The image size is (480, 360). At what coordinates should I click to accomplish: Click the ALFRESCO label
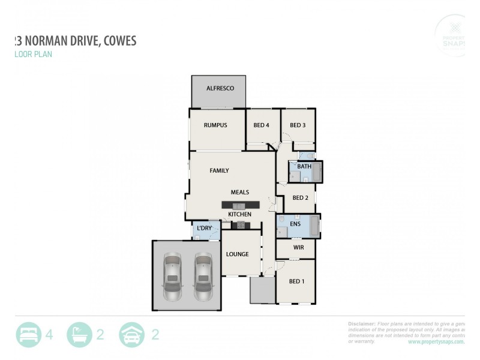click(x=220, y=88)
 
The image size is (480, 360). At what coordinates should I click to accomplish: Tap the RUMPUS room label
click(x=215, y=125)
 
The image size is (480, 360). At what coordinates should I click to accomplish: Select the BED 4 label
click(x=262, y=125)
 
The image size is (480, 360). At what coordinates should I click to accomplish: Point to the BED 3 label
click(x=298, y=125)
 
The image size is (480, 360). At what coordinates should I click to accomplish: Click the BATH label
click(x=304, y=166)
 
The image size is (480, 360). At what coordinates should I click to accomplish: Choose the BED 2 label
click(x=300, y=198)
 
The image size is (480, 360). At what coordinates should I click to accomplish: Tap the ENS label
click(x=295, y=224)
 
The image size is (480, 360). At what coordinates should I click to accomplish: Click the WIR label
click(x=299, y=247)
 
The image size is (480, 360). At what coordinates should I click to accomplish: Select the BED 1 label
click(x=297, y=281)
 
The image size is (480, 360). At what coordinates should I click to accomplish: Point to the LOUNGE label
click(x=237, y=254)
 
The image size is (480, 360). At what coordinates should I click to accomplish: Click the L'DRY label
click(x=205, y=229)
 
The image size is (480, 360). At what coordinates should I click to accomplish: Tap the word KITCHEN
click(x=239, y=214)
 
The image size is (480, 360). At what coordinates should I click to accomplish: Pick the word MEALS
click(x=240, y=192)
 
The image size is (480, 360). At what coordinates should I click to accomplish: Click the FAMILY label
click(x=219, y=170)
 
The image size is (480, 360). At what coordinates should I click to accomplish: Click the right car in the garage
click(x=203, y=277)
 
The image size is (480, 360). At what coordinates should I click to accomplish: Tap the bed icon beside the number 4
click(x=28, y=334)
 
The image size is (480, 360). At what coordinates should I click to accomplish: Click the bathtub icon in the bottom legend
click(x=79, y=334)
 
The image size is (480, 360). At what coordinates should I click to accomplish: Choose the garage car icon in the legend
click(x=132, y=334)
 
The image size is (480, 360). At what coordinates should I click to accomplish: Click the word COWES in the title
click(x=118, y=41)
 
